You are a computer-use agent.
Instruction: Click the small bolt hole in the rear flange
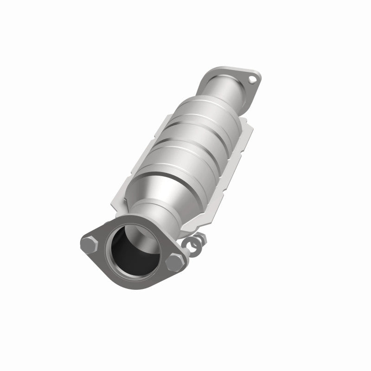coord(252,79)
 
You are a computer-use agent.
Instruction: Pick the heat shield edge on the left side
coord(153,139)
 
